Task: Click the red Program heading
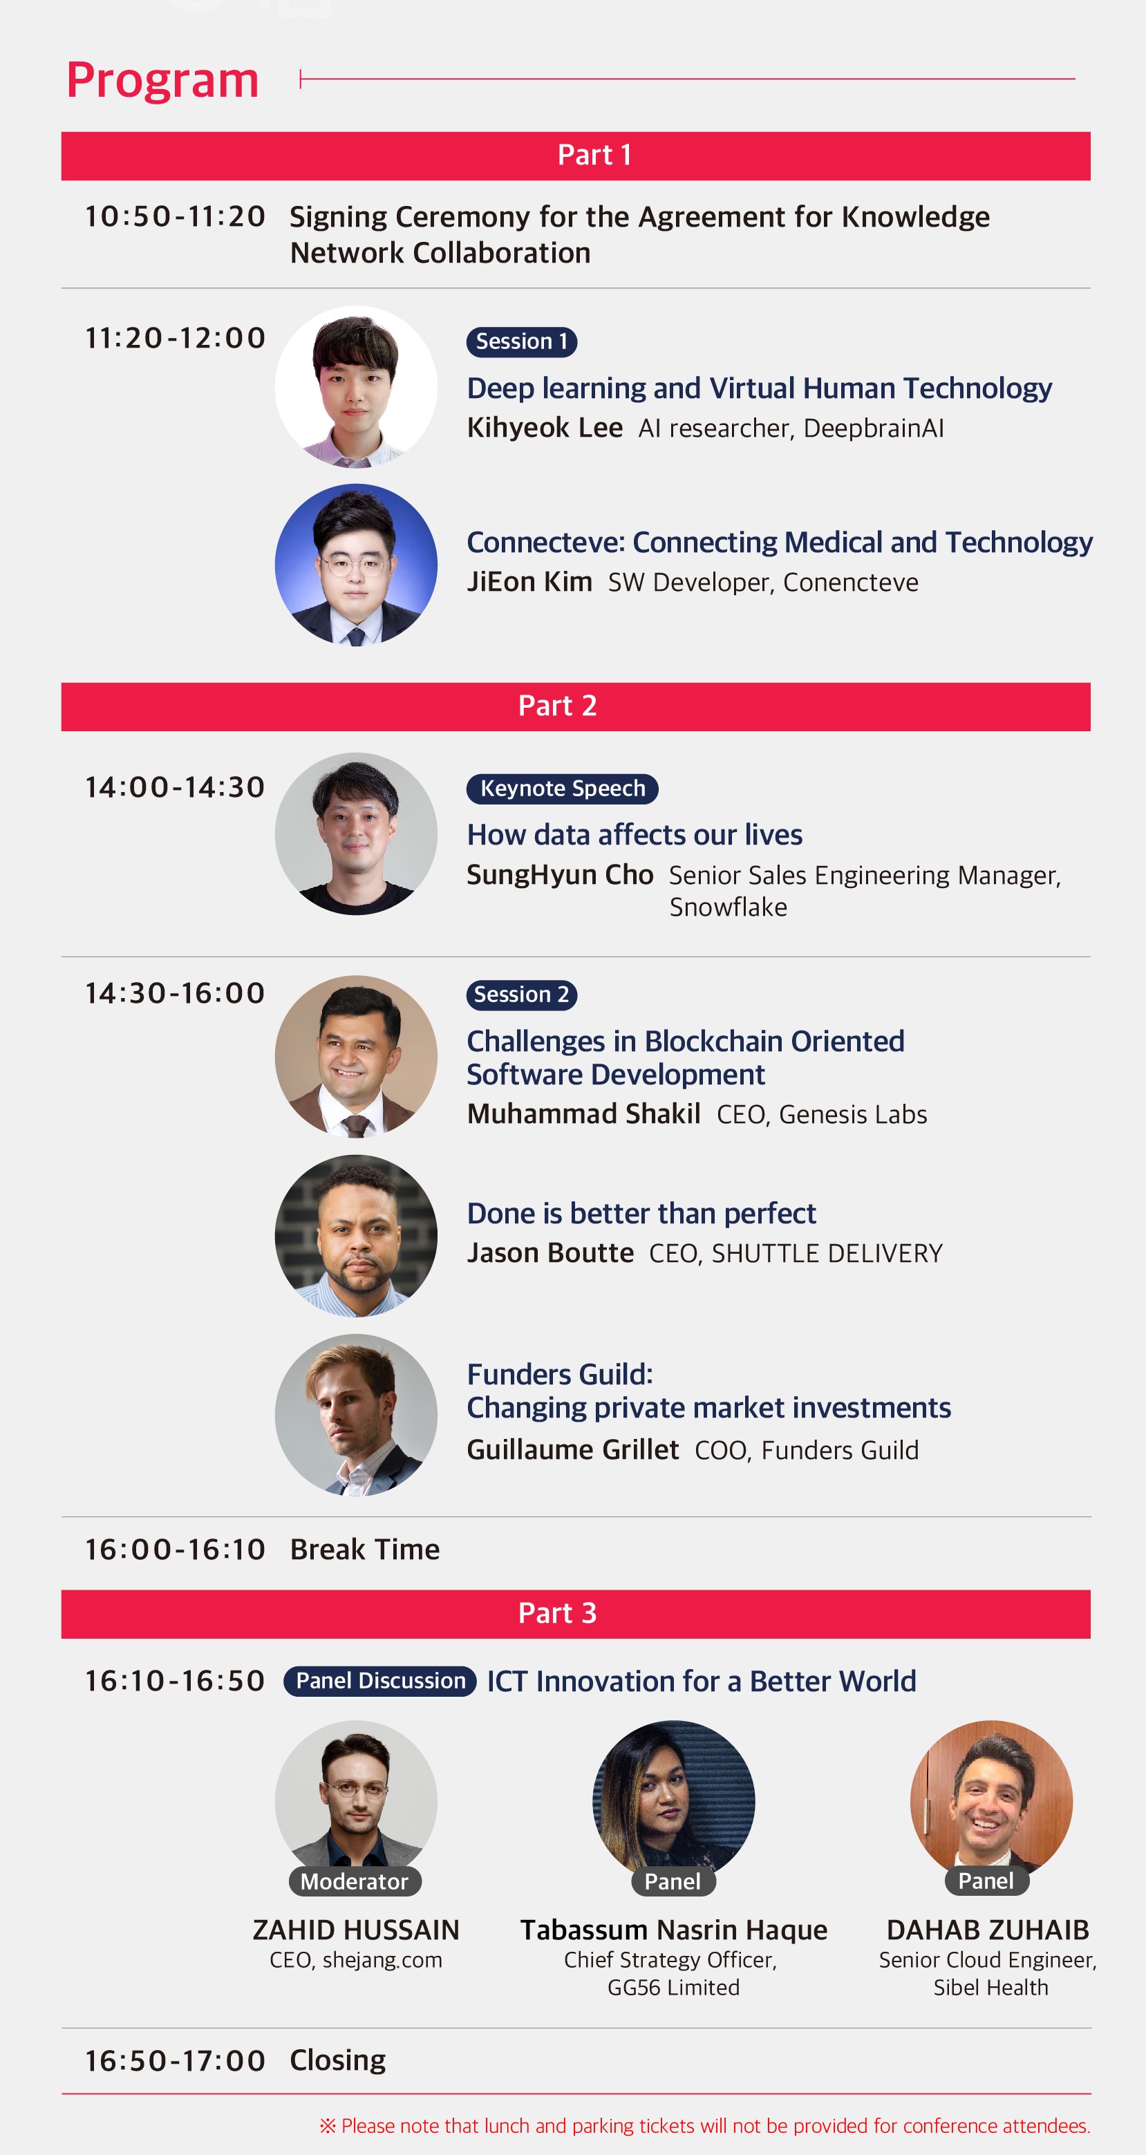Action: (162, 81)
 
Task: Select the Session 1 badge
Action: (522, 341)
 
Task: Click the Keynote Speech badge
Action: (563, 789)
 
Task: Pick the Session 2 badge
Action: (522, 995)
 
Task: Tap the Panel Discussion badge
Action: (381, 1681)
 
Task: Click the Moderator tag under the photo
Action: (355, 1881)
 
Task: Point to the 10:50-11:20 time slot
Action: (175, 216)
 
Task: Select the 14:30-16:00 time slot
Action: (175, 993)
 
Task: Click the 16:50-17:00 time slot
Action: (175, 2060)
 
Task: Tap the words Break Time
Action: (365, 1550)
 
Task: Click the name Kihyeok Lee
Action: (545, 428)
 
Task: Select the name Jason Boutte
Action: (550, 1253)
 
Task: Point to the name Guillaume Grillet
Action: (573, 1450)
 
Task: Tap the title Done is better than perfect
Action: (641, 1214)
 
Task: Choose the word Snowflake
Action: (729, 907)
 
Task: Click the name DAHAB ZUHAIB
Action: (988, 1930)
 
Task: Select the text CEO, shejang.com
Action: (355, 1960)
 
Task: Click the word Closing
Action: (338, 2060)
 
